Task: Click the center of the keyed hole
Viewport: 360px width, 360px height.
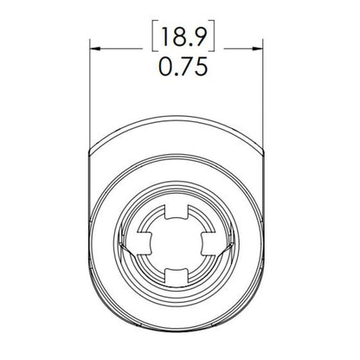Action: tap(179, 244)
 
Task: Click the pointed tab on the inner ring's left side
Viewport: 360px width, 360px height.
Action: tap(127, 246)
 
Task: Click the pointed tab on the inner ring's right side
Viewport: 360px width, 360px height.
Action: tap(232, 246)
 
